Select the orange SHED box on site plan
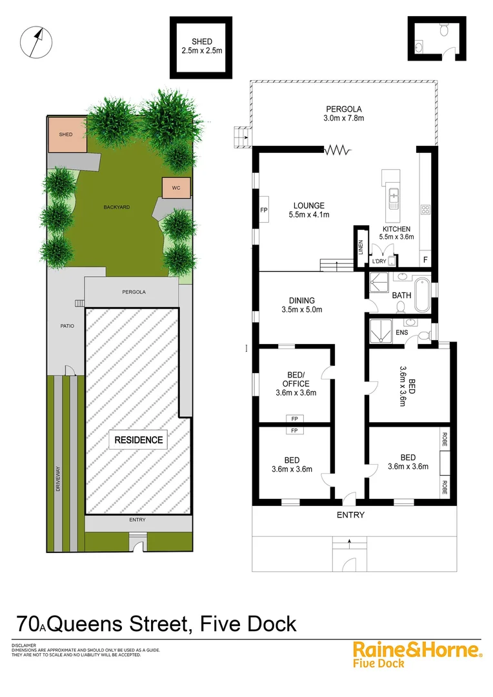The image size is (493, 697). [66, 134]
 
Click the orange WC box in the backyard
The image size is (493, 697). [176, 188]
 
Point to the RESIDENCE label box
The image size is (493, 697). [139, 440]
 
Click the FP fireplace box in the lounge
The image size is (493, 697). [263, 210]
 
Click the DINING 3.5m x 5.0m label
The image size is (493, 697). [301, 305]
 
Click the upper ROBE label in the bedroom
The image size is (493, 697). [445, 440]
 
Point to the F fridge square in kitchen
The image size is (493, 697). [425, 259]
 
